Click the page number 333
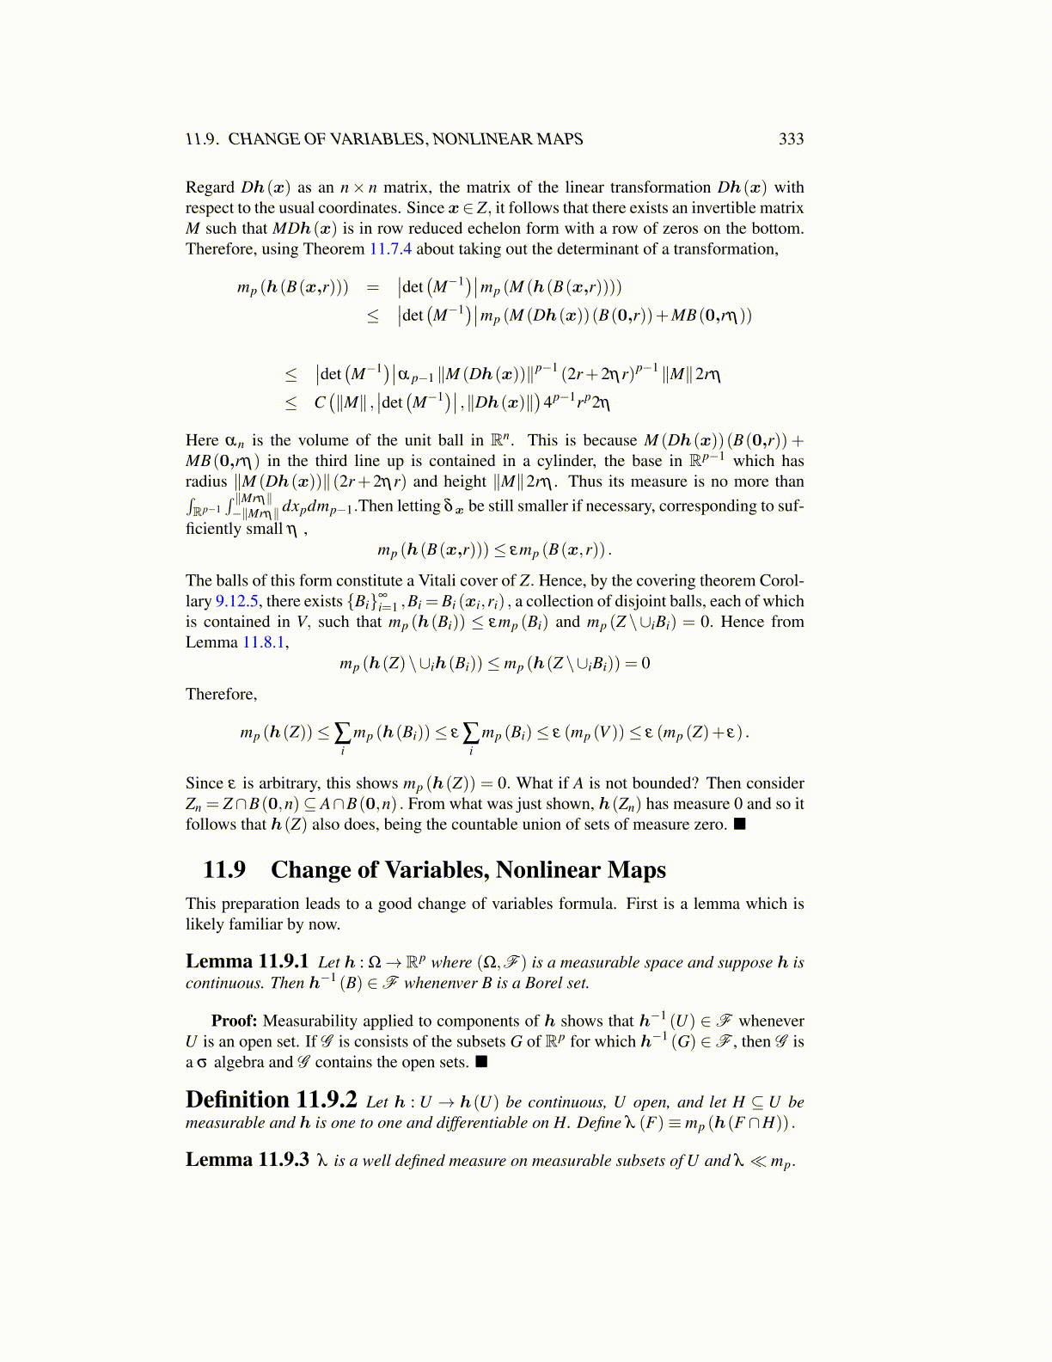791,139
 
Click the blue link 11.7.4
390,249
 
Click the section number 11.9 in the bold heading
224,870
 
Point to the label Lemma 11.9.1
247,961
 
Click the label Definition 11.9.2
271,1101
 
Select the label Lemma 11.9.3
247,1160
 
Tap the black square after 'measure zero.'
739,825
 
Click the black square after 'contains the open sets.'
481,1062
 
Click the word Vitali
418,581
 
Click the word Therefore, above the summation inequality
221,695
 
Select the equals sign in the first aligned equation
372,287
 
